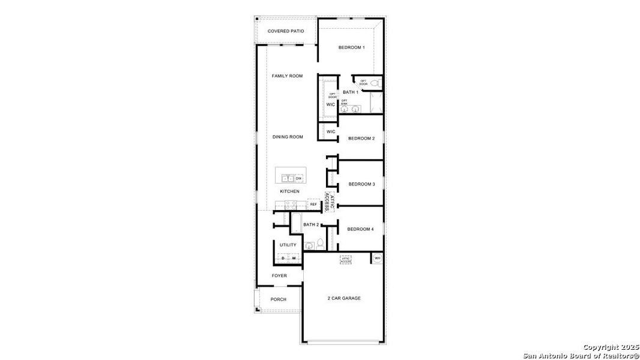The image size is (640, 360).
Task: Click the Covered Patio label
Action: coord(286,31)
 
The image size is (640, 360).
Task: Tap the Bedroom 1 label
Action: coord(351,47)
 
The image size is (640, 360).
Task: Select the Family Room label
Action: coord(287,76)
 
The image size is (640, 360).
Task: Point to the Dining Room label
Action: coord(288,137)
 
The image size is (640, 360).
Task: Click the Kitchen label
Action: coord(289,191)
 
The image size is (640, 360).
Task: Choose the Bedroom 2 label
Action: coord(361,139)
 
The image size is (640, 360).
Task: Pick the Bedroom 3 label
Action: coord(361,184)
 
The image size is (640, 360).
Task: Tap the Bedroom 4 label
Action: coord(360,229)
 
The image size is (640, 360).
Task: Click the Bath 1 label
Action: coord(351,92)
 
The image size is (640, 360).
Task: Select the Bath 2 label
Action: coord(311,225)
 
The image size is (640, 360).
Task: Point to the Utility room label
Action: coord(288,245)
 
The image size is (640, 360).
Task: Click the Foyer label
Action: coord(279,276)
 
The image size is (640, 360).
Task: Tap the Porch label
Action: coord(279,299)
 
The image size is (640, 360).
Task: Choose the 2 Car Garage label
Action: coord(344,298)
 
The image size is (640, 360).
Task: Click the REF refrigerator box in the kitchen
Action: coord(313,205)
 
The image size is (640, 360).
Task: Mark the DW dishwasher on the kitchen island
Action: coord(298,178)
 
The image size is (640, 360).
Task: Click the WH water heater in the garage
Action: coord(377,258)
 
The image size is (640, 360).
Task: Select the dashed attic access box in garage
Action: coord(345,260)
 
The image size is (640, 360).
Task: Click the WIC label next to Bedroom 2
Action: coord(331,131)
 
